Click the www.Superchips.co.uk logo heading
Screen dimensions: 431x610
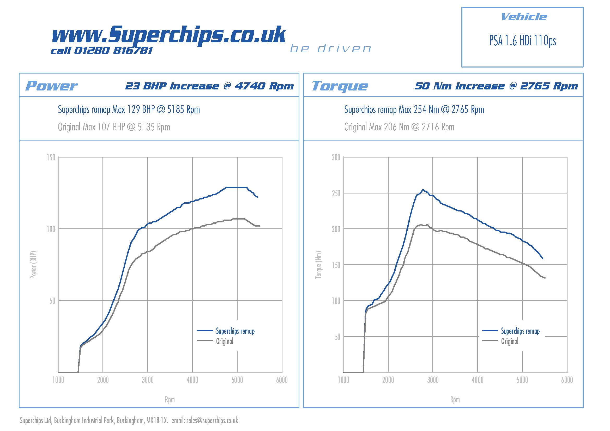[169, 34]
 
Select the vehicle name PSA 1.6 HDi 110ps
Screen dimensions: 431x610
[522, 41]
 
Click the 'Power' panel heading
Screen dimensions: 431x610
[51, 86]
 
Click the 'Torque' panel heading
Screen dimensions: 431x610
[340, 86]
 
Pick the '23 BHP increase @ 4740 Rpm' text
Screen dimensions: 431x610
[209, 86]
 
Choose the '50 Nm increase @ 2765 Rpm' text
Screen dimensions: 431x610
[496, 86]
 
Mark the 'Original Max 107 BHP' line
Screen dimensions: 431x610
[114, 127]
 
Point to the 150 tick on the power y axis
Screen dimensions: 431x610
[51, 157]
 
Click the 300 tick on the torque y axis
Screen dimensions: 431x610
[336, 157]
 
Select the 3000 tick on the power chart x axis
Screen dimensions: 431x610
[148, 380]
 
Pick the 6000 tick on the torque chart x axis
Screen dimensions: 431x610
[567, 380]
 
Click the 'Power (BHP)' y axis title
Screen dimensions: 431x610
[33, 265]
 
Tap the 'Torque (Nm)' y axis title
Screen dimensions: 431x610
[318, 265]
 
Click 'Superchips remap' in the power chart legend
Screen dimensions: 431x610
[235, 331]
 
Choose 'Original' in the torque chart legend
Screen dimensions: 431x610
[510, 341]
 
